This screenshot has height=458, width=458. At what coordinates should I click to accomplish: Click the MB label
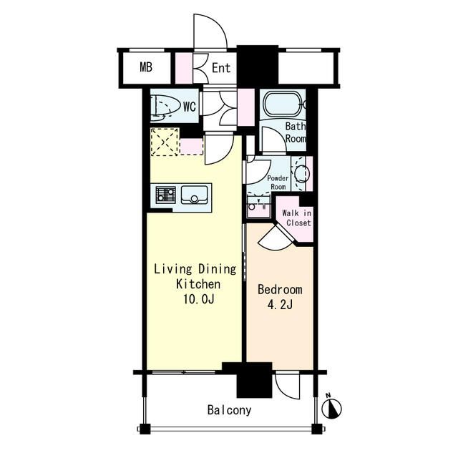(x=146, y=67)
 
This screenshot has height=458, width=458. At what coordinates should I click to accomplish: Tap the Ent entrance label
(x=221, y=68)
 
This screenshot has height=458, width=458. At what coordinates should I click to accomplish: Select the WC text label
(x=190, y=107)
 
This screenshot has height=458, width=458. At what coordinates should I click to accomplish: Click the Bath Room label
(x=296, y=132)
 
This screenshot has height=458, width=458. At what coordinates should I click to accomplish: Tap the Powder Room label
(x=278, y=182)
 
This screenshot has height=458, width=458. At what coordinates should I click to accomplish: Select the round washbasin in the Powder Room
(x=301, y=174)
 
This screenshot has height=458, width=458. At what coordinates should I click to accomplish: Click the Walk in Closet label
(x=296, y=218)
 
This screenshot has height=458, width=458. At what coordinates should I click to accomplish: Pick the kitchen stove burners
(x=165, y=195)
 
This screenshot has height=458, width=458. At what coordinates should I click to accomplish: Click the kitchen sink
(x=194, y=195)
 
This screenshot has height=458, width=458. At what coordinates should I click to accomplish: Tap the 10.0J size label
(x=199, y=299)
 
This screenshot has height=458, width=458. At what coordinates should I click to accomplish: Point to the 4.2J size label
(x=280, y=305)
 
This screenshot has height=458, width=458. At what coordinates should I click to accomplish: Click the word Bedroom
(x=280, y=289)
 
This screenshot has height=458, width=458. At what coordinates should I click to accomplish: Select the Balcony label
(x=229, y=410)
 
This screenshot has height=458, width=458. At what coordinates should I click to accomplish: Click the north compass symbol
(x=331, y=406)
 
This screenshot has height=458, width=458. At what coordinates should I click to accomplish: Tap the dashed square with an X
(x=165, y=142)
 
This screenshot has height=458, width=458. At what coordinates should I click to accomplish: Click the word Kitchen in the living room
(x=198, y=284)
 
